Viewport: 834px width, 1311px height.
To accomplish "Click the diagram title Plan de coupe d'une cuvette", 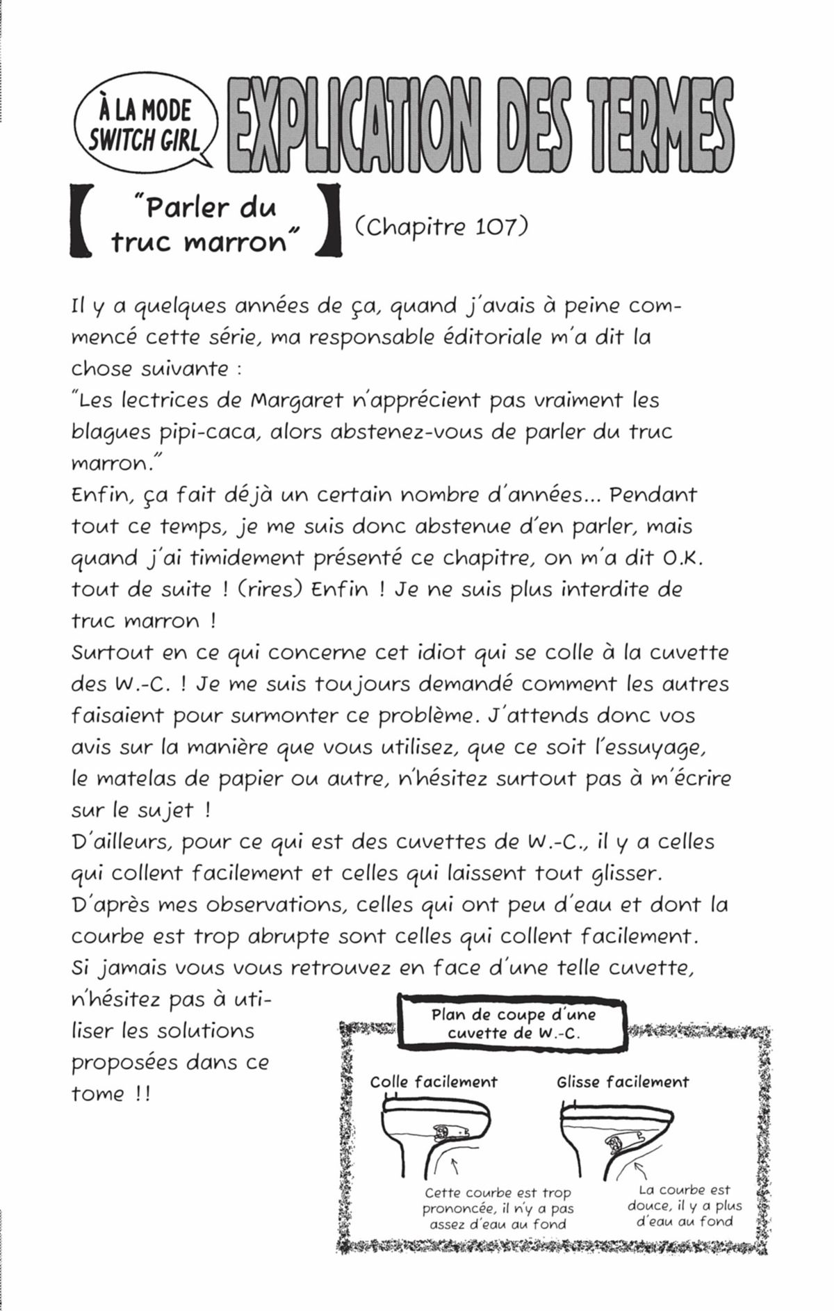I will pos(514,1023).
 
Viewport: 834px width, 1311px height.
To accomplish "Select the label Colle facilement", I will pos(434,1082).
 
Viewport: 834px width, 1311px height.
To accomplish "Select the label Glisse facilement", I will pos(623,1082).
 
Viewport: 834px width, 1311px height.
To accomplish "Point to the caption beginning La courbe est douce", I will pos(685,1205).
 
